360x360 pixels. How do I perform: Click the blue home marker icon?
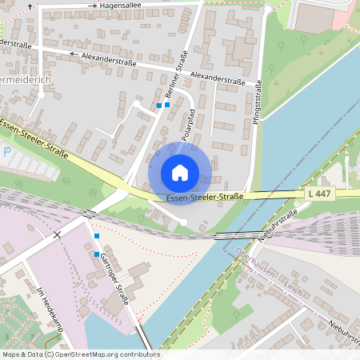click(x=180, y=172)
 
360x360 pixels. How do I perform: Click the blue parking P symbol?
click(x=6, y=151)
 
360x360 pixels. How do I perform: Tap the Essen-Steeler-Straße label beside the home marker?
click(x=205, y=197)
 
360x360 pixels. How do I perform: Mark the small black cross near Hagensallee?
click(x=30, y=6)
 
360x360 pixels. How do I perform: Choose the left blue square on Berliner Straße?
click(x=159, y=106)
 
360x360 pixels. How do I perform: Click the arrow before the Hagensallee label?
click(x=92, y=6)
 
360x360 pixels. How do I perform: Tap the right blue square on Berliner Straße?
click(x=167, y=104)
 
